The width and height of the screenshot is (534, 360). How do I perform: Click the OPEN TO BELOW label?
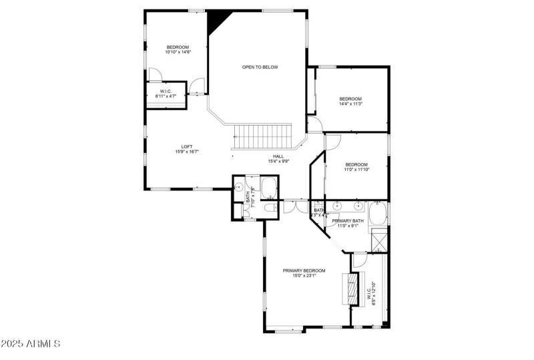(260, 67)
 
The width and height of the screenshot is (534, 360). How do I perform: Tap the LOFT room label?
(187, 147)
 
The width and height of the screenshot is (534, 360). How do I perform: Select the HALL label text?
(259, 156)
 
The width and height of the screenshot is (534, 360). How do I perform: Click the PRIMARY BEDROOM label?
(304, 271)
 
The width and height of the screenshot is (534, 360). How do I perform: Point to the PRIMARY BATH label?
(348, 221)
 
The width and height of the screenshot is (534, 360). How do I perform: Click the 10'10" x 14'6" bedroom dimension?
(178, 51)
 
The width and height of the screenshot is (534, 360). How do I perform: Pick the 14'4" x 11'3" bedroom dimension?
(350, 104)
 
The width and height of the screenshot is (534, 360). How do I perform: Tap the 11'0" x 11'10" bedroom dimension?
(356, 170)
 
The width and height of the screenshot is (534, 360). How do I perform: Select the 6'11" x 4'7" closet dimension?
(166, 96)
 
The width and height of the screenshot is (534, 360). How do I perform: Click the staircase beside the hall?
(264, 138)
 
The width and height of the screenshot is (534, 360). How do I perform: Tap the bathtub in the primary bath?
(377, 214)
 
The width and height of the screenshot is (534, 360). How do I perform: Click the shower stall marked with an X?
(380, 239)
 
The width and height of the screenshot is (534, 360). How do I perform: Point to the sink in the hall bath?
(238, 188)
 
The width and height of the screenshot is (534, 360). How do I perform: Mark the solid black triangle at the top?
(217, 21)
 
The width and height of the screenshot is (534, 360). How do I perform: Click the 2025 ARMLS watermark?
(31, 345)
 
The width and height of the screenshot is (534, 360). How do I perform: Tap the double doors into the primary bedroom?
(291, 206)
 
